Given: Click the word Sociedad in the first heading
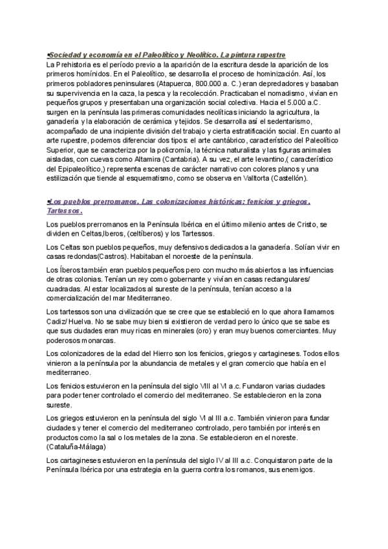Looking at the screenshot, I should click(66, 56).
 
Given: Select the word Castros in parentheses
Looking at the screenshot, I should click(127, 256).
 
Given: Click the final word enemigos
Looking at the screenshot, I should click(294, 471).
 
